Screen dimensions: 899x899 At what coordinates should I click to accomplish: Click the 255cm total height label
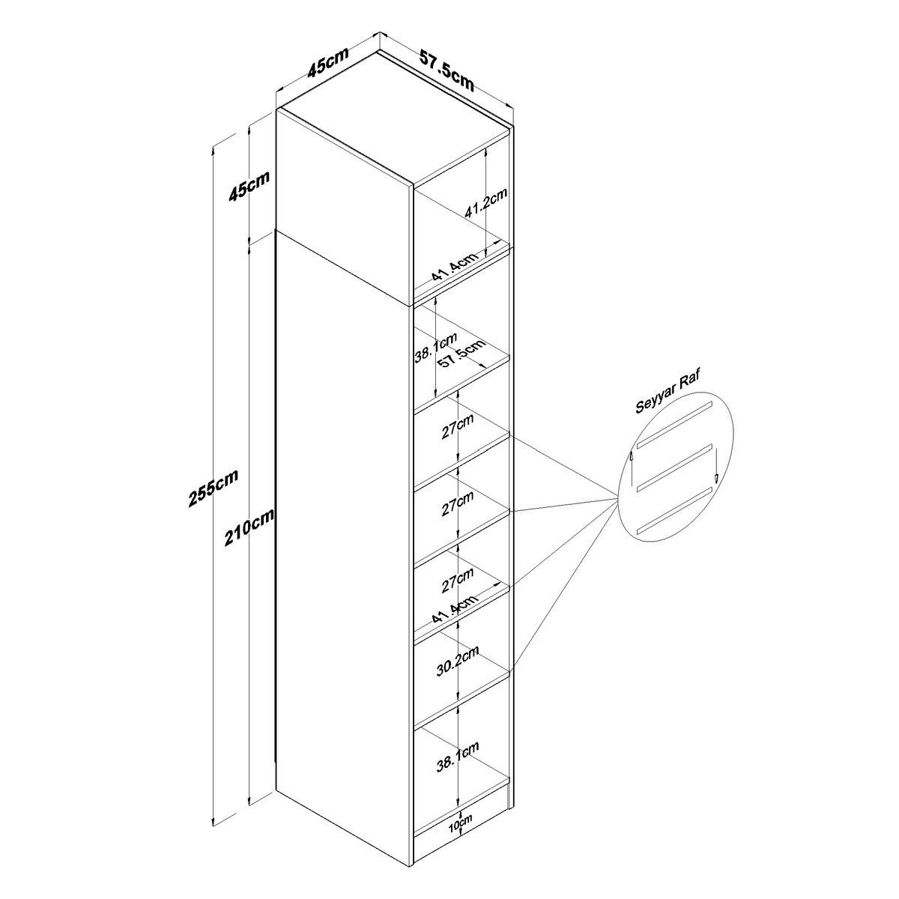(x=214, y=488)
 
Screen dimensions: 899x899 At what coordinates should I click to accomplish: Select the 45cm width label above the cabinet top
(x=328, y=62)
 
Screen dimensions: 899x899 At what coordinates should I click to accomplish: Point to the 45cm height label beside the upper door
(x=249, y=186)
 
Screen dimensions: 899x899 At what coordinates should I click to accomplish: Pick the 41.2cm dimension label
(x=485, y=202)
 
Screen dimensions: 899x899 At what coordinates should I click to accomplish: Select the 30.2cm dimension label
(x=458, y=661)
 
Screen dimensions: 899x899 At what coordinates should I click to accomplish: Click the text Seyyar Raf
(x=668, y=390)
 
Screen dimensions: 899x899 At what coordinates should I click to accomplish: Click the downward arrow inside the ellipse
(x=715, y=465)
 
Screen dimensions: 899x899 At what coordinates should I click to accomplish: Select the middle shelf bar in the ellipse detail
(x=674, y=467)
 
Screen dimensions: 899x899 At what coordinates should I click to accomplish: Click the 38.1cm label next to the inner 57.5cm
(x=436, y=347)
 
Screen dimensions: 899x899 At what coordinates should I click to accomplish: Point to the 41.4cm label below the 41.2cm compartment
(x=455, y=267)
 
